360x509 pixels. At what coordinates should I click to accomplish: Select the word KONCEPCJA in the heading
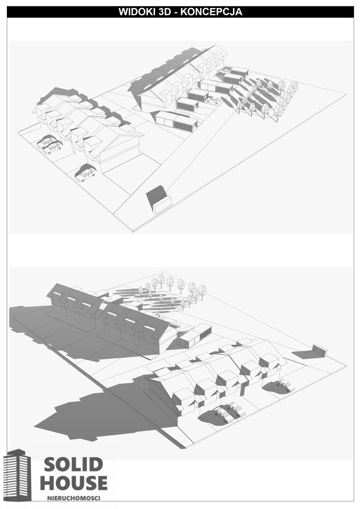click(211, 12)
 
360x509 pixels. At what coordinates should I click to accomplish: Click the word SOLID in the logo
click(74, 465)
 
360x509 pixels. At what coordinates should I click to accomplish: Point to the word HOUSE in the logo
click(74, 483)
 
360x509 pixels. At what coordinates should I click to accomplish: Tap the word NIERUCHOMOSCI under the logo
click(74, 498)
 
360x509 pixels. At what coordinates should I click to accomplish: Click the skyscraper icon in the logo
click(18, 475)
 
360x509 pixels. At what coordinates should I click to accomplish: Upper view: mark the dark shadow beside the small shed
click(156, 194)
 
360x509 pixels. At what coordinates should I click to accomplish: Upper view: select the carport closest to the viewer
click(176, 120)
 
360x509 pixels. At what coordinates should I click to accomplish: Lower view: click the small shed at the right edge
click(320, 350)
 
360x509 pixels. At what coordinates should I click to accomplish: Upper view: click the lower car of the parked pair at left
click(52, 148)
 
